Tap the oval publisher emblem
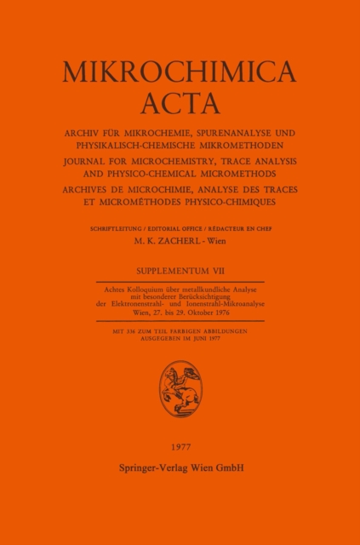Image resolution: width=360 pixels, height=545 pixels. (x=180, y=389)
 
